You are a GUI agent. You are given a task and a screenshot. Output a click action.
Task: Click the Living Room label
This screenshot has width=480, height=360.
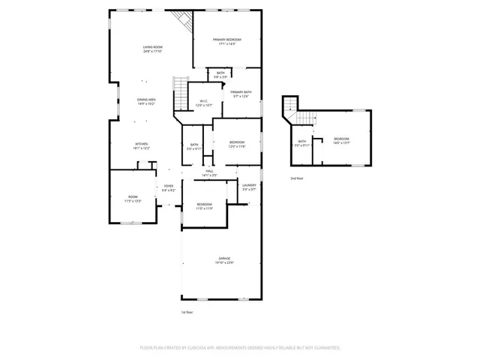[x=153, y=47]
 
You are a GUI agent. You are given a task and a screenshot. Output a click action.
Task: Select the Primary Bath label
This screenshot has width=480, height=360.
[x=241, y=91]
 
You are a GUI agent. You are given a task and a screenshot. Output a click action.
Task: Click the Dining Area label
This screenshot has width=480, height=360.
[x=146, y=100]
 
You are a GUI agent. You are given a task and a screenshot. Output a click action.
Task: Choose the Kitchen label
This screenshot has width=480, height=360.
[x=141, y=144]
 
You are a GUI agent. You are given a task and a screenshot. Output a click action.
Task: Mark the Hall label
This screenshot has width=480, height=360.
[x=209, y=171]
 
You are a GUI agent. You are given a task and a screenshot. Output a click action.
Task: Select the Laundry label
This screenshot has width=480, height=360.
[x=249, y=184]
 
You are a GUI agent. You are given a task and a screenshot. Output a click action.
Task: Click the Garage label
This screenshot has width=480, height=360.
[x=224, y=259]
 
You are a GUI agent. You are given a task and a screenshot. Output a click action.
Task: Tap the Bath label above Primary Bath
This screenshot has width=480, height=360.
[x=220, y=73]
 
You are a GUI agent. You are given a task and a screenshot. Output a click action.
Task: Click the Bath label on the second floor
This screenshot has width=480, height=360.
[x=301, y=141]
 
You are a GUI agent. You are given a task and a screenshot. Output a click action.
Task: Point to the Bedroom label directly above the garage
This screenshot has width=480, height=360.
[x=205, y=204]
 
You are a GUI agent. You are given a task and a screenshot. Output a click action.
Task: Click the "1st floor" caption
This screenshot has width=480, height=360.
[x=187, y=311]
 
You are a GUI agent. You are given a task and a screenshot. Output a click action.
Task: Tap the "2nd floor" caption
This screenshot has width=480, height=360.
[x=297, y=178]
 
